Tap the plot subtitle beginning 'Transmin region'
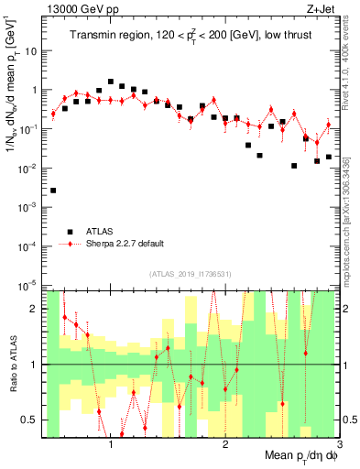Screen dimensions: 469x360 click(x=192, y=37)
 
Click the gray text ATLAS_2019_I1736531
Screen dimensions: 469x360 click(x=191, y=274)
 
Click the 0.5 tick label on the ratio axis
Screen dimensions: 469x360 click(x=30, y=420)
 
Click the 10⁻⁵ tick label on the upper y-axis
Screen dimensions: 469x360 click(x=28, y=286)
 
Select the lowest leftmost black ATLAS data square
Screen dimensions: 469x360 click(x=53, y=191)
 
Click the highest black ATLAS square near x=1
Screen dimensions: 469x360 click(x=111, y=82)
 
